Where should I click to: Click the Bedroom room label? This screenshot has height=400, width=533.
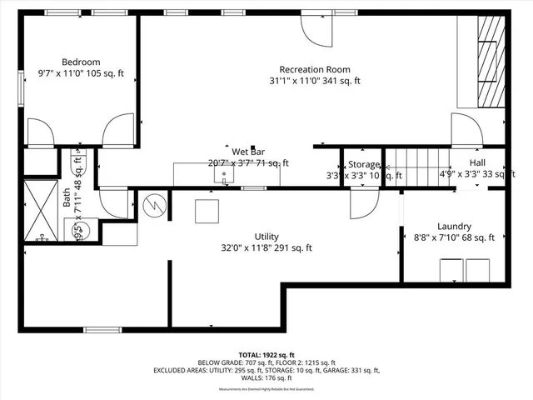point(81,62)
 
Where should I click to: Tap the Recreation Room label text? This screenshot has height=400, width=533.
point(314,69)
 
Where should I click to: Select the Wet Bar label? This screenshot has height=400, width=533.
point(248,152)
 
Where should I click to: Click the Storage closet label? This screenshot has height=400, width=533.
point(364,165)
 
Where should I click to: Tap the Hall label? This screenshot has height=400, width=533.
point(477,162)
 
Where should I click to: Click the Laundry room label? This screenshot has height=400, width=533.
point(454,226)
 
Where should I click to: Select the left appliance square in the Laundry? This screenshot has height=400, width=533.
point(451,271)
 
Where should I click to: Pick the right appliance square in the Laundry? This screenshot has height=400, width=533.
point(479,271)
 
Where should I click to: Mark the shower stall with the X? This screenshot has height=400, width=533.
point(39,209)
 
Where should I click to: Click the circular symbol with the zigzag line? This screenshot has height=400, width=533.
point(154,203)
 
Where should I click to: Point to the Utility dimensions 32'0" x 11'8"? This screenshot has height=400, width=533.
point(266,247)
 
